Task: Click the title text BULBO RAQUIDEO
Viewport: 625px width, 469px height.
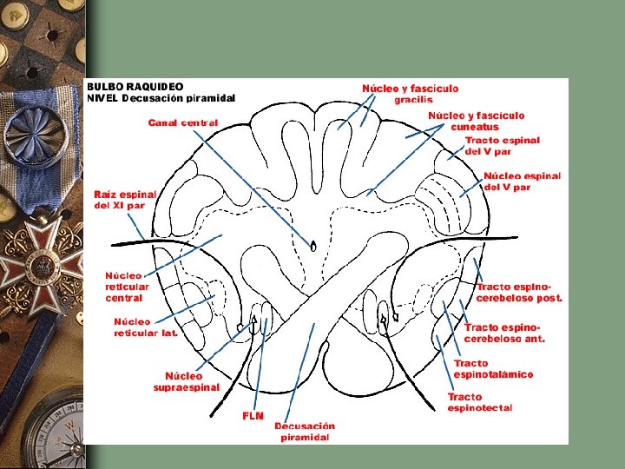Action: pyautogui.click(x=135, y=87)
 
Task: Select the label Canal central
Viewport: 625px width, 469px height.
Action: pyautogui.click(x=182, y=122)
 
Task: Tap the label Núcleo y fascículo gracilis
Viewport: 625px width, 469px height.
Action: pyautogui.click(x=410, y=94)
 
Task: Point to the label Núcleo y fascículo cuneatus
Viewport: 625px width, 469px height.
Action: pyautogui.click(x=476, y=121)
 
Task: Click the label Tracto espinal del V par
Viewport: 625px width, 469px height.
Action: pyautogui.click(x=502, y=145)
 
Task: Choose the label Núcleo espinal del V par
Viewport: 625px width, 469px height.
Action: pyautogui.click(x=521, y=182)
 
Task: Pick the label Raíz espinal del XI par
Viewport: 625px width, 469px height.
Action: pyautogui.click(x=125, y=200)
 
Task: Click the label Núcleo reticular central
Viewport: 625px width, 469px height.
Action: pyautogui.click(x=128, y=287)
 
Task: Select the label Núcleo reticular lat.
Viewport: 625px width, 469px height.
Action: pyautogui.click(x=145, y=327)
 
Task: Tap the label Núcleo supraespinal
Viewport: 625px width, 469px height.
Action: pyautogui.click(x=187, y=381)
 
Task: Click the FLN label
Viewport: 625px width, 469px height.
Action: pyautogui.click(x=253, y=416)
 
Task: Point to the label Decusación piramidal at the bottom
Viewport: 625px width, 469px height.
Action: pyautogui.click(x=304, y=432)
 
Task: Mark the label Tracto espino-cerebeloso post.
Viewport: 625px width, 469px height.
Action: pyautogui.click(x=518, y=292)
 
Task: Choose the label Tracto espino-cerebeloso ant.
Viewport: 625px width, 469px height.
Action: pyautogui.click(x=504, y=333)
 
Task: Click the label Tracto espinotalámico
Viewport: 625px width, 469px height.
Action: pyautogui.click(x=492, y=369)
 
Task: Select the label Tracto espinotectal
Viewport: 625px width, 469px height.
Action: pyautogui.click(x=479, y=402)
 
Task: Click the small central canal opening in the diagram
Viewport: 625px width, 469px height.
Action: pyautogui.click(x=313, y=245)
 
